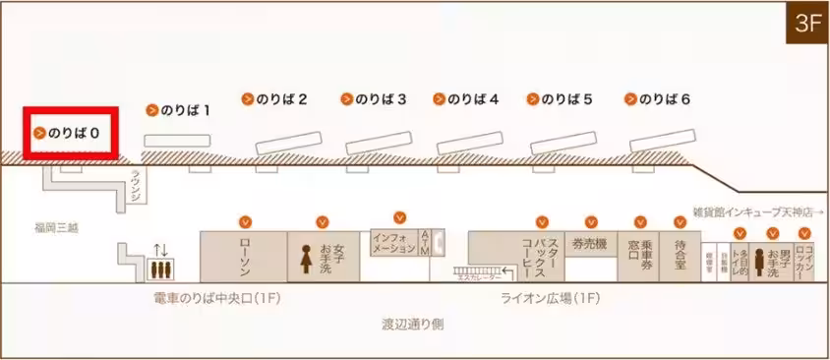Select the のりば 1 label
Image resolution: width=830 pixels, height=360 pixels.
tap(179, 110)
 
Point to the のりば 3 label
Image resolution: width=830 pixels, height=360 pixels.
tap(374, 99)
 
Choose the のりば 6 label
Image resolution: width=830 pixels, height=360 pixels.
tap(658, 99)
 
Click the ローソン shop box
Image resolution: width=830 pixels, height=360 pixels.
tap(244, 257)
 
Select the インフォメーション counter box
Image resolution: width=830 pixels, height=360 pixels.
tap(394, 243)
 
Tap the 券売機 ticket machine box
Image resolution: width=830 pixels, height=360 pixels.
tap(590, 244)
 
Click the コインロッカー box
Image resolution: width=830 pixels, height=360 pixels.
tap(805, 258)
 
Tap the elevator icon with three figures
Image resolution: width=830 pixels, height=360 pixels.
tap(159, 267)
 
